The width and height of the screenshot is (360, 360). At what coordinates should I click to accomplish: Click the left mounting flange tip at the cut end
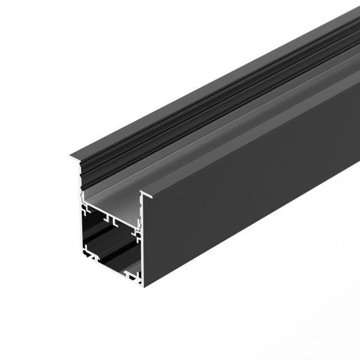pyautogui.click(x=71, y=157)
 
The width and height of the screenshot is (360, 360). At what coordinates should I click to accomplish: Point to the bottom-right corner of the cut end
pyautogui.click(x=142, y=284)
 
